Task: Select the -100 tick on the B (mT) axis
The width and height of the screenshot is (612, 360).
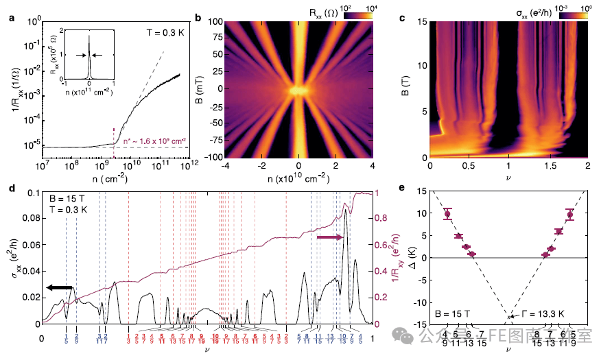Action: click(x=216, y=157)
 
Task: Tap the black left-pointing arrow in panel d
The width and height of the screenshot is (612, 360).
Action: click(x=59, y=288)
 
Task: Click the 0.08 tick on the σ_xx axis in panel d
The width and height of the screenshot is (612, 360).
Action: click(x=29, y=219)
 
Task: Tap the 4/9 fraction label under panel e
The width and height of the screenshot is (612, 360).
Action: click(x=447, y=338)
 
